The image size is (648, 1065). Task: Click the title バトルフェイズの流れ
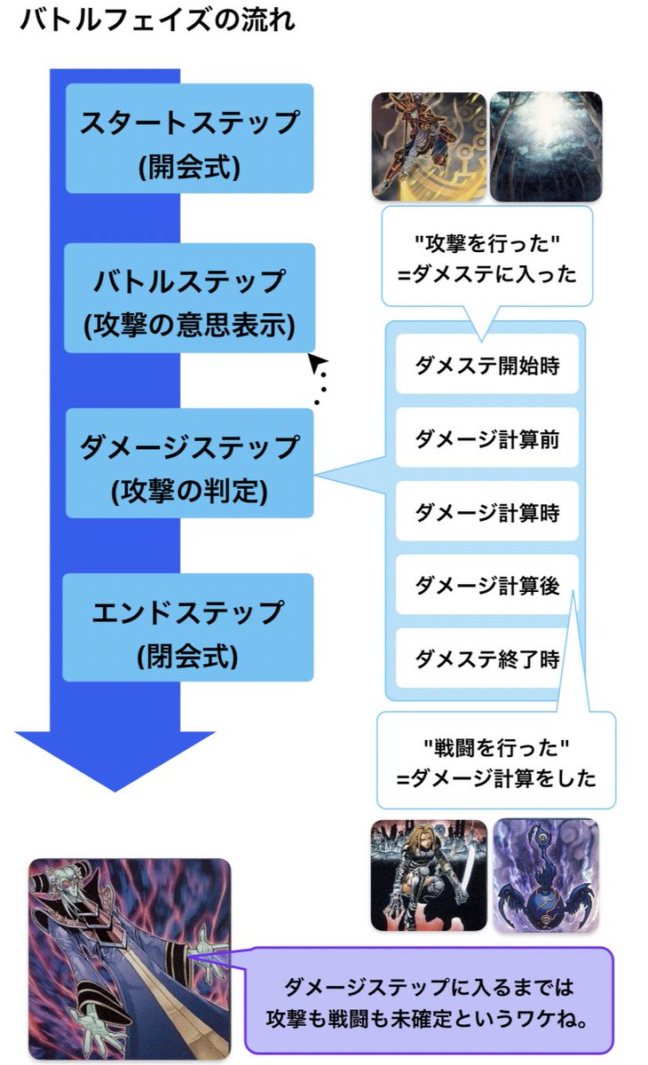coord(156,20)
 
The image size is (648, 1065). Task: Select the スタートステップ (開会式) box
coord(189,138)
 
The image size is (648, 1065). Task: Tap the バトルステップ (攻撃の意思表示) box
coord(189,298)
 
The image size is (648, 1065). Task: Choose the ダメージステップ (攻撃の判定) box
coord(189,463)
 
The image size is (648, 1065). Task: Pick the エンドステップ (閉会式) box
coord(189,627)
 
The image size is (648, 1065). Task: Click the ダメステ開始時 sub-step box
coord(486,364)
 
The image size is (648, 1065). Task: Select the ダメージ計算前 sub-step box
coord(486,438)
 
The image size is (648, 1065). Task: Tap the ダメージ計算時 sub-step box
coord(486,511)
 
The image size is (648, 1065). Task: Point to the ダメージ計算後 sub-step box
coord(486,585)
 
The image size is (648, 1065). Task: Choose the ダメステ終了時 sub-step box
coord(486,659)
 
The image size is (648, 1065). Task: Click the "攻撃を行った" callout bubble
coord(486,257)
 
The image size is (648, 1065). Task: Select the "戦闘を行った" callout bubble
coord(495,761)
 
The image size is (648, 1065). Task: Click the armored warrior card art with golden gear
coord(429,146)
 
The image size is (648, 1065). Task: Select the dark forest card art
coord(546,146)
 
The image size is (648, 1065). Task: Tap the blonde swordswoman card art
coord(429,875)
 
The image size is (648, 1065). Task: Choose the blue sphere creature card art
coord(546,875)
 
